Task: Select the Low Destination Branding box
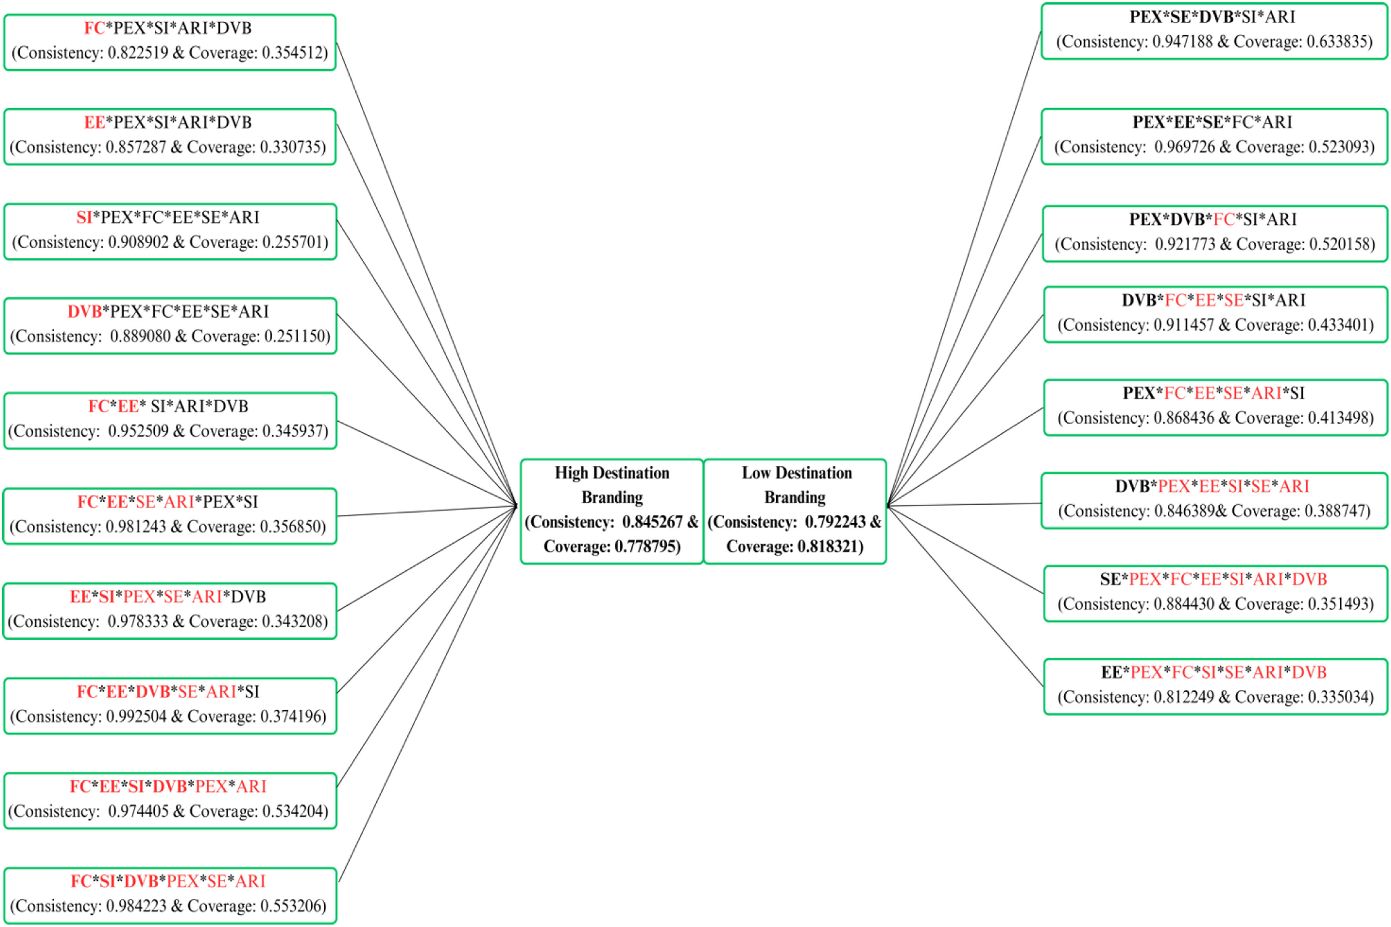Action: point(794,511)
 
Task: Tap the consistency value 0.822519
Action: point(138,52)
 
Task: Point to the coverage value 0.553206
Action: point(294,906)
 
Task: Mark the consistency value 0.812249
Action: point(1184,697)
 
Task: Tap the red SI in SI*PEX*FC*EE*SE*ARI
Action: point(84,218)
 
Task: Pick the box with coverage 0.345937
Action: point(170,420)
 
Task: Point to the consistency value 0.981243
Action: point(136,527)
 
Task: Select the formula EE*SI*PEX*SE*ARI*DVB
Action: point(168,597)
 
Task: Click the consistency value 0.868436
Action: point(1184,418)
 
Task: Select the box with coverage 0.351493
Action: point(1215,593)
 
